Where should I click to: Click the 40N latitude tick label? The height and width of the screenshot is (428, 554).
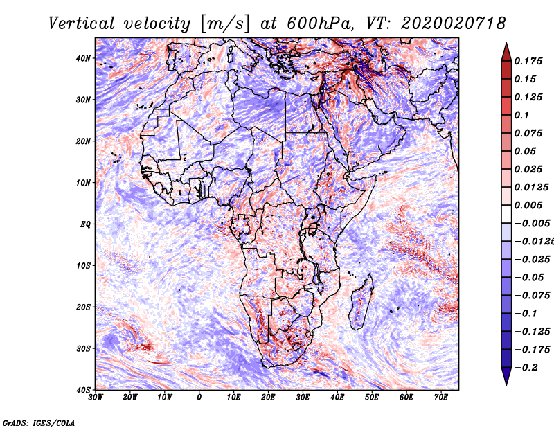(x=83, y=58)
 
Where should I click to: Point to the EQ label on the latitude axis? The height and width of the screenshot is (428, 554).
(x=85, y=224)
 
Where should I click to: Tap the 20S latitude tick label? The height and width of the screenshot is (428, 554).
(x=83, y=307)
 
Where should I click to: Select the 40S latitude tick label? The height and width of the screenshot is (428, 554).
(x=83, y=390)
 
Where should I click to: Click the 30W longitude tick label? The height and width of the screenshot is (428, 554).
(x=96, y=398)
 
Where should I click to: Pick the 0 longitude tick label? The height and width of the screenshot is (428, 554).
(x=199, y=398)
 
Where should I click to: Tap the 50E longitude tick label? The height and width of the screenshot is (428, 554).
(x=372, y=398)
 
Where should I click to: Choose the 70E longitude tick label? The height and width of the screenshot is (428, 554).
(x=440, y=398)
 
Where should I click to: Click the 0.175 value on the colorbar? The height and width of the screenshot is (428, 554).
(x=528, y=61)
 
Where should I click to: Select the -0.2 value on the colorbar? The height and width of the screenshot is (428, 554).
(x=526, y=367)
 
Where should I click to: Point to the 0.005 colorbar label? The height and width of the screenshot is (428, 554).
(x=528, y=205)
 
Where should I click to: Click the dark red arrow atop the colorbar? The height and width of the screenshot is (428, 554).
(x=506, y=52)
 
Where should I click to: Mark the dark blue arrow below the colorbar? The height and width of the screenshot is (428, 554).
(x=506, y=376)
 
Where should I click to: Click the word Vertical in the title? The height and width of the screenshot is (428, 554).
(x=81, y=24)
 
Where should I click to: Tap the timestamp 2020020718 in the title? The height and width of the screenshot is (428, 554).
(x=453, y=24)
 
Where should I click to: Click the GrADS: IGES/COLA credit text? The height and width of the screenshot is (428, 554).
(x=39, y=422)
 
